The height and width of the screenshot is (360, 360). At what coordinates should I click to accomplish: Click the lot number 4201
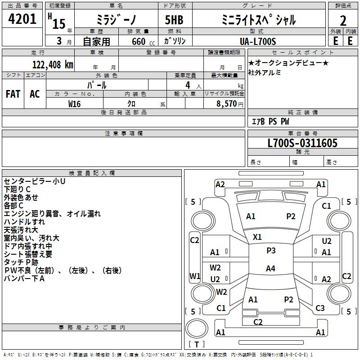pos(22,19)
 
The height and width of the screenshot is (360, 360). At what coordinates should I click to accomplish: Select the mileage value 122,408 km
pos(53,65)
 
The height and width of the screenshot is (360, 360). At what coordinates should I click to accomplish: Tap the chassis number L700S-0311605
pos(302,143)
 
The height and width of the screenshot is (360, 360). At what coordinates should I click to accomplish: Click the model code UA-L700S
pos(258,41)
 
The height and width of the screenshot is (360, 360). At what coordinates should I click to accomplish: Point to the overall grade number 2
pos(343,21)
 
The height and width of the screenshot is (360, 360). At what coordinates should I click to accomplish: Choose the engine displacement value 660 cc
pos(143,42)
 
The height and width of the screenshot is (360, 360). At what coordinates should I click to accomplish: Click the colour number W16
pos(74,104)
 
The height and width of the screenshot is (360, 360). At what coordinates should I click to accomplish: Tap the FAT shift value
pos(13,94)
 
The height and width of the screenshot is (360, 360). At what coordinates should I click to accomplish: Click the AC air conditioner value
pos(35,94)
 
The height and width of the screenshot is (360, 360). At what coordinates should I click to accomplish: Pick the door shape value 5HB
pos(174,20)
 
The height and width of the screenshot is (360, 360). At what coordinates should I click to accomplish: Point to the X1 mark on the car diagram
pos(257,237)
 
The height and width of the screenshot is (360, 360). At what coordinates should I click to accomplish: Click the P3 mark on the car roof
pos(271,251)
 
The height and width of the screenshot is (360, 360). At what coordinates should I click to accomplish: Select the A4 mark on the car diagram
pos(270,268)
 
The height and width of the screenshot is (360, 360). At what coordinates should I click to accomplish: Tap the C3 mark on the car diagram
pos(320,308)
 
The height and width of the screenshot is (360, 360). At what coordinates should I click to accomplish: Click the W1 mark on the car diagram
pos(195,276)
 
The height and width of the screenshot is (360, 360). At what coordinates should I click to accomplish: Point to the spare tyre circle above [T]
pos(197,328)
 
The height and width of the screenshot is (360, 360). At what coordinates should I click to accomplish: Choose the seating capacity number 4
pos(188,85)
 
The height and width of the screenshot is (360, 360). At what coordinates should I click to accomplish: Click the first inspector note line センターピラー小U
pos(35,181)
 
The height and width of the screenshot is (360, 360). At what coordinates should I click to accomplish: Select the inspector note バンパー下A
pos(24,279)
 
